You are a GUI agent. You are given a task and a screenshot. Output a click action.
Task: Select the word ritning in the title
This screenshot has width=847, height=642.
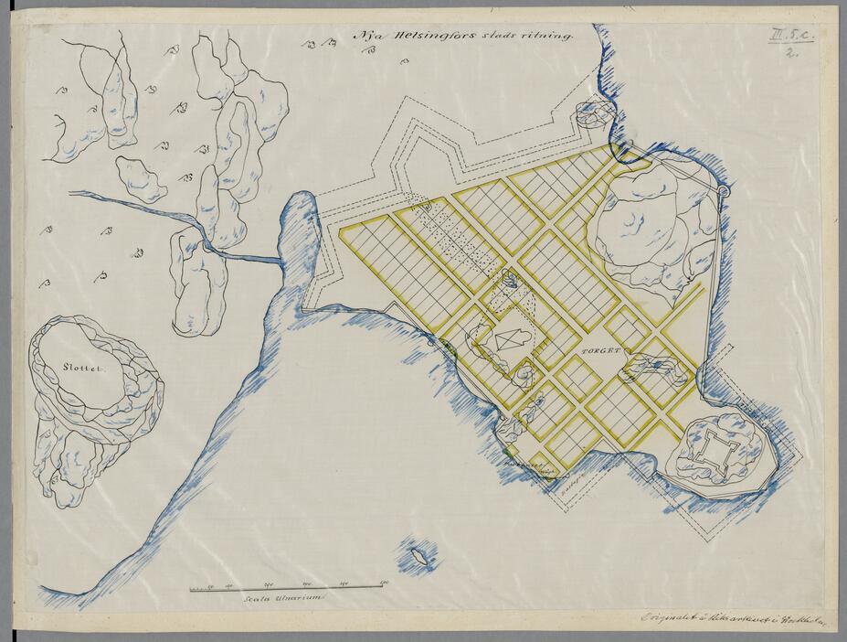[548, 37]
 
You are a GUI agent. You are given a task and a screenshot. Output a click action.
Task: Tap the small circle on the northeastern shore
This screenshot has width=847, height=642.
[724, 191]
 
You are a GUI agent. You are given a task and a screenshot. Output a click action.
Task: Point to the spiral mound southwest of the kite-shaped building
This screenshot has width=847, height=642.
[524, 375]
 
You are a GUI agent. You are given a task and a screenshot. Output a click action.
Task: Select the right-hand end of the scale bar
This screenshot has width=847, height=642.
[382, 587]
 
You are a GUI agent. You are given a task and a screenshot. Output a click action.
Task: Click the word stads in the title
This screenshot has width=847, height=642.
[498, 37]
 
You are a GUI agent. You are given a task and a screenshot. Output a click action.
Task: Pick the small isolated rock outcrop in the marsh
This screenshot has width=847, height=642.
[141, 179]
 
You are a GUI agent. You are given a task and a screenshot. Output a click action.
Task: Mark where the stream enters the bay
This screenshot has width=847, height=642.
[280, 261]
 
